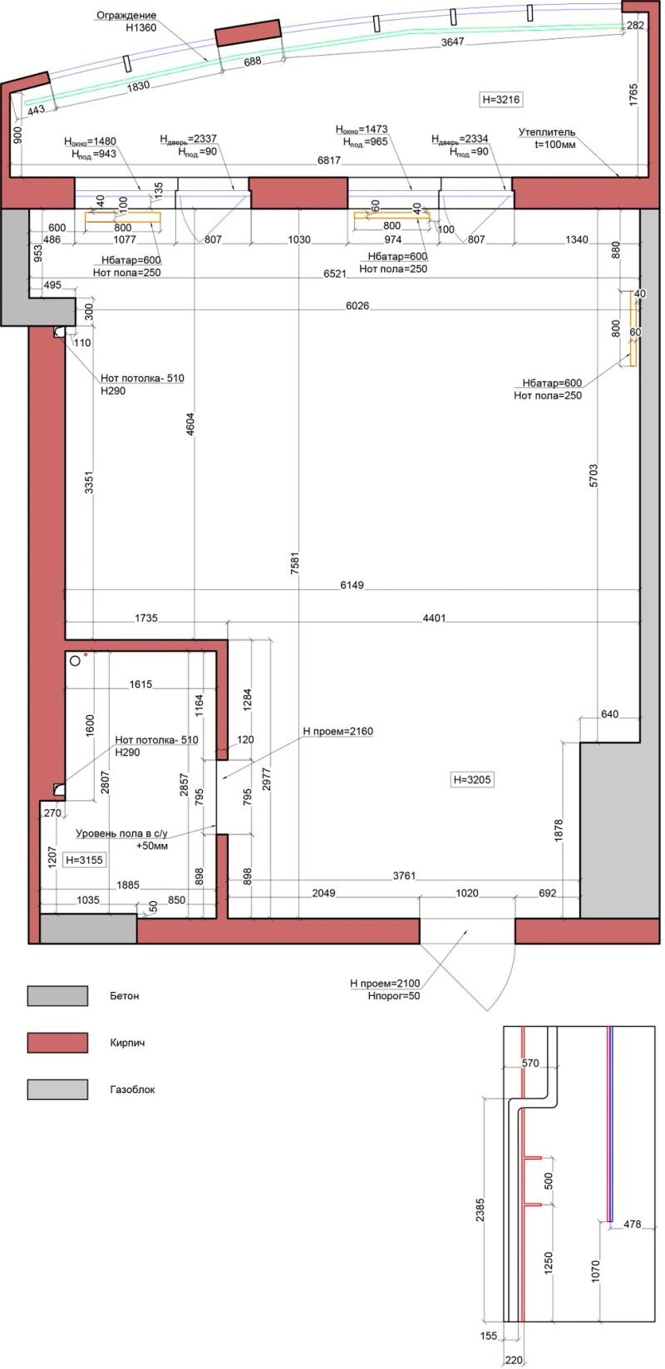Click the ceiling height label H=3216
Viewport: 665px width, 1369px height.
pyautogui.click(x=501, y=100)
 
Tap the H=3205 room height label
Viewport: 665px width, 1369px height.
pyautogui.click(x=471, y=779)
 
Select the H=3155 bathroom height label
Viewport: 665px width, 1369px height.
pyautogui.click(x=84, y=860)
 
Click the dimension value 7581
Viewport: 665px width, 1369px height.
pyautogui.click(x=295, y=563)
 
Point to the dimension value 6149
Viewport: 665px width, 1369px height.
pyautogui.click(x=352, y=585)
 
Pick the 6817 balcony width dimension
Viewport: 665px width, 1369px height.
pyautogui.click(x=329, y=160)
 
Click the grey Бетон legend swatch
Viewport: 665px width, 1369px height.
pyautogui.click(x=57, y=995)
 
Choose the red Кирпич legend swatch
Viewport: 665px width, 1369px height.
pyautogui.click(x=57, y=1043)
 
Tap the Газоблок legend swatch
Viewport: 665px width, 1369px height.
pyautogui.click(x=57, y=1089)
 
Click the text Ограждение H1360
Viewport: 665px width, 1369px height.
pyautogui.click(x=126, y=22)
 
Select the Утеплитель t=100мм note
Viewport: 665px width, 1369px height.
pyautogui.click(x=547, y=138)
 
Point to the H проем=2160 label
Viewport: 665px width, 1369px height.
pyautogui.click(x=337, y=731)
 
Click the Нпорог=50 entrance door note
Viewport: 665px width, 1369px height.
pyautogui.click(x=394, y=995)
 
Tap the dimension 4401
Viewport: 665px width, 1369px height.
pyautogui.click(x=435, y=618)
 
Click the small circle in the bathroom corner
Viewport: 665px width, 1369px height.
pyautogui.click(x=76, y=660)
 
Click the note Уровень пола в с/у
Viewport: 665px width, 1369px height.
pyautogui.click(x=121, y=833)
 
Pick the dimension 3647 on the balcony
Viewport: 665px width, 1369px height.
pyautogui.click(x=453, y=42)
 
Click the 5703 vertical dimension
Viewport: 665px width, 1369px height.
pyautogui.click(x=594, y=476)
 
